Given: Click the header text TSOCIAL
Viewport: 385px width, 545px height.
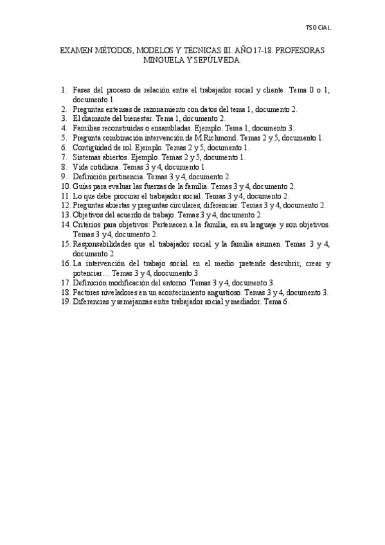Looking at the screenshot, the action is click(318, 28).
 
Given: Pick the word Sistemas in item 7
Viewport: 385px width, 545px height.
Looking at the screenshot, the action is click(87, 157).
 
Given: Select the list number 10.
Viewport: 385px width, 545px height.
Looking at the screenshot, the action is click(65, 186).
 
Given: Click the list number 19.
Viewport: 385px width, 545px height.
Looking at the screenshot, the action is click(65, 301).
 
